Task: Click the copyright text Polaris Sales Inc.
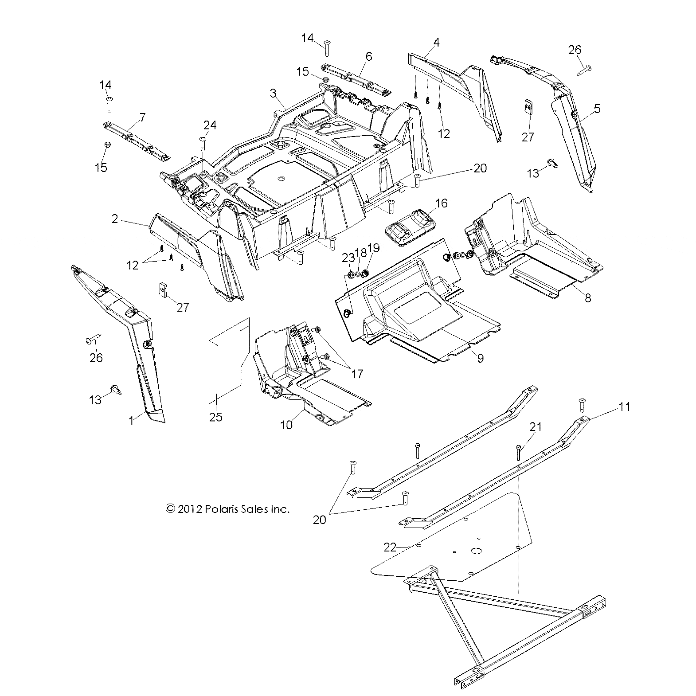click(x=227, y=509)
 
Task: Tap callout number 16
click(x=442, y=203)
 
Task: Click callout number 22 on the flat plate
click(x=389, y=547)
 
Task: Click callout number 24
click(x=210, y=125)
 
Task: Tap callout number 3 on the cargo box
click(x=273, y=93)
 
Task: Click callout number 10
click(x=286, y=424)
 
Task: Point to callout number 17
click(x=357, y=374)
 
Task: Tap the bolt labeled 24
click(x=203, y=144)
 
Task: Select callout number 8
click(x=588, y=297)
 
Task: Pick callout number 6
click(x=369, y=56)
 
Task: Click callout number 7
click(x=142, y=117)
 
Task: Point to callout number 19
click(x=374, y=248)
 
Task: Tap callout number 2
click(x=115, y=219)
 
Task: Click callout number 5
click(x=597, y=108)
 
